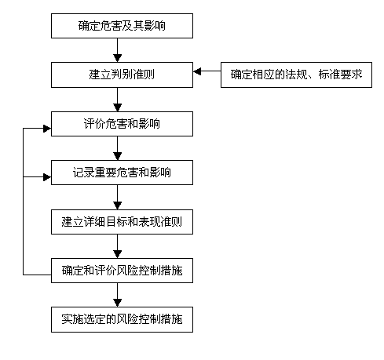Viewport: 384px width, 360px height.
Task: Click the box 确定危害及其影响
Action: (x=122, y=26)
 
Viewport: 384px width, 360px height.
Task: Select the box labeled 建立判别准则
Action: (x=122, y=75)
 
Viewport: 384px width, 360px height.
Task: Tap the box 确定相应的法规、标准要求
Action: (x=296, y=75)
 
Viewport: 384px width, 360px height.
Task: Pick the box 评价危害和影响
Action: (x=122, y=124)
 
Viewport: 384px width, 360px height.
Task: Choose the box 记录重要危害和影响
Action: (x=122, y=173)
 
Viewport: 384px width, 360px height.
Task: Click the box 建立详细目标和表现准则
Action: (x=122, y=222)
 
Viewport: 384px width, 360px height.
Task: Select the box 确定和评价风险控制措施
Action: (x=122, y=271)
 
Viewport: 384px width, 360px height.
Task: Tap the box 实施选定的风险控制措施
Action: (x=122, y=319)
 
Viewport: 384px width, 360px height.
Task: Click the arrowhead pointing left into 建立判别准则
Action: (x=197, y=71)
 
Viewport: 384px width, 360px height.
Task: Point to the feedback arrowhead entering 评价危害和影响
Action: (x=47, y=129)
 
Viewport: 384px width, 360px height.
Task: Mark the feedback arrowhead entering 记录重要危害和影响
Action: (x=47, y=177)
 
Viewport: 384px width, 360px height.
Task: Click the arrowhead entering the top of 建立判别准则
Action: (x=117, y=58)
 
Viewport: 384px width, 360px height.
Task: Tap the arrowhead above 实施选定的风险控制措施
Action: (x=117, y=303)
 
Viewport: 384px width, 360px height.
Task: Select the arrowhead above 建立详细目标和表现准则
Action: (x=117, y=205)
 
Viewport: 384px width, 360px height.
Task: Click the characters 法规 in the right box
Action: (x=296, y=75)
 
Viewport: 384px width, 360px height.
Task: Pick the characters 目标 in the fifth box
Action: (x=116, y=222)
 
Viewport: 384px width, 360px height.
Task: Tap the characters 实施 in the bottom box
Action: (x=72, y=319)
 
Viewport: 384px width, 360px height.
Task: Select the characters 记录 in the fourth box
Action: (x=83, y=173)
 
